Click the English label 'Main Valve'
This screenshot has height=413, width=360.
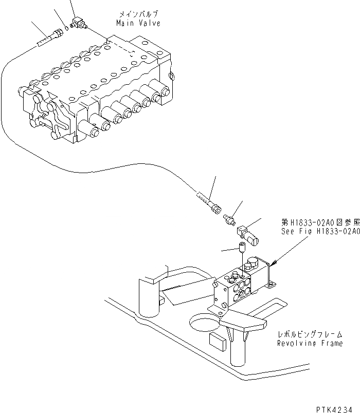[138, 23]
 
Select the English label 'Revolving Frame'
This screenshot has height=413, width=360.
[310, 343]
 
